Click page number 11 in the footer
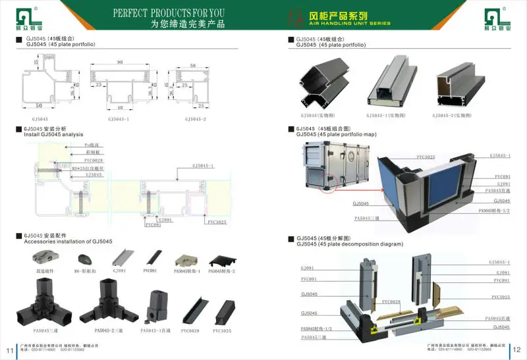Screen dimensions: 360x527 click(9, 349)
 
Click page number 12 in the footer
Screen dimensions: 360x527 click(517, 349)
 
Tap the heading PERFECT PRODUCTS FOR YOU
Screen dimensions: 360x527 click(169, 13)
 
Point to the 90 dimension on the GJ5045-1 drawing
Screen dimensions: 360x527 click(121, 63)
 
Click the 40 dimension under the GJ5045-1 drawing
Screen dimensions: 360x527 click(121, 107)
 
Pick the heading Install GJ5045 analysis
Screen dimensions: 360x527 click(53, 134)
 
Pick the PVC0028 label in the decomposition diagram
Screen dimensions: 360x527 click(391, 301)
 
